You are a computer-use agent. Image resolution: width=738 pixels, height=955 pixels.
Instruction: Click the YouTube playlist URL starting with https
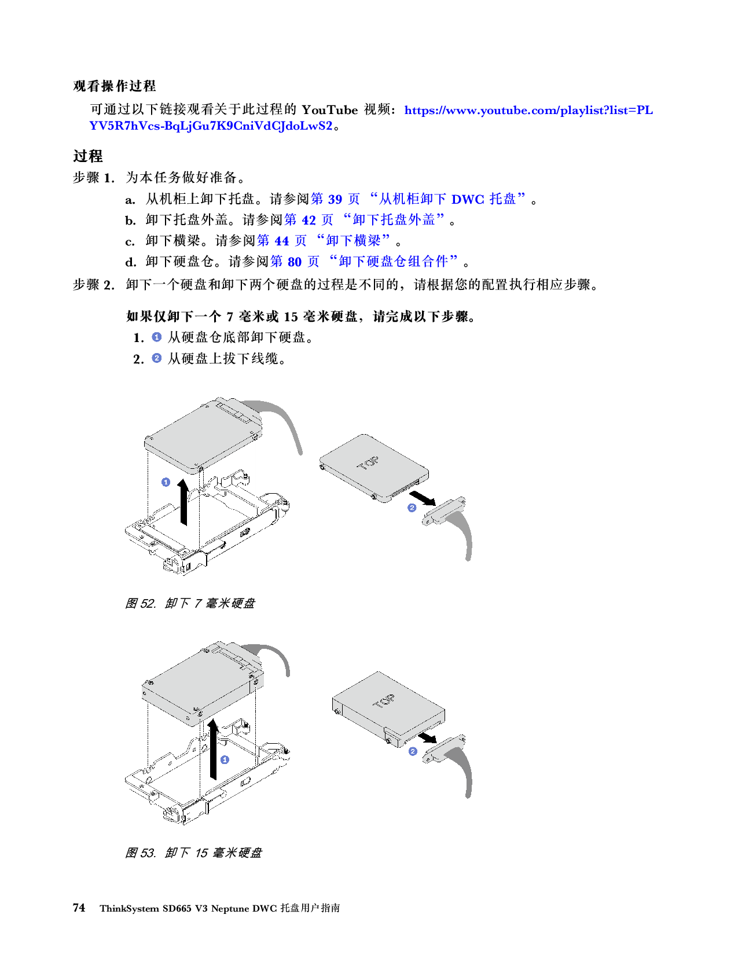click(x=528, y=111)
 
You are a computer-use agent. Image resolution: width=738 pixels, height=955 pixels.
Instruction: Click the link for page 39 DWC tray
click(x=417, y=199)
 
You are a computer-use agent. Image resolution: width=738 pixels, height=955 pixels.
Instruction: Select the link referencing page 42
click(x=364, y=220)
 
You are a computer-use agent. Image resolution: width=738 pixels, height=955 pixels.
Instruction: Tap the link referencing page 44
click(x=323, y=240)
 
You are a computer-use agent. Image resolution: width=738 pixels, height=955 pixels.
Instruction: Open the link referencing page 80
click(x=364, y=262)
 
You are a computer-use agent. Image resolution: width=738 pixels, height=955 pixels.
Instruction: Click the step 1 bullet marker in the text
click(x=157, y=337)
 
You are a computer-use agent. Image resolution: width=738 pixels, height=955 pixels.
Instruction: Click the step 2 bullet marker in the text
click(x=157, y=358)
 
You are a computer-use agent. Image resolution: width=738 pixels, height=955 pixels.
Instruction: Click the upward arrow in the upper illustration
click(x=183, y=502)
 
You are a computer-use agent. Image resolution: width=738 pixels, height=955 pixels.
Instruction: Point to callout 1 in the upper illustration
click(x=166, y=482)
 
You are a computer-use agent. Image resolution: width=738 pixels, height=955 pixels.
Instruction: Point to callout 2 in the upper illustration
click(x=412, y=508)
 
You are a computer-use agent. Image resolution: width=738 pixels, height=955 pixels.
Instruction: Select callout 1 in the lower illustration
click(x=225, y=759)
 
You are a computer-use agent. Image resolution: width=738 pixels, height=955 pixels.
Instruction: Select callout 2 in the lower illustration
click(x=413, y=751)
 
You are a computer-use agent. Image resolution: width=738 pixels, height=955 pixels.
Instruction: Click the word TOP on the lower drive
click(x=383, y=701)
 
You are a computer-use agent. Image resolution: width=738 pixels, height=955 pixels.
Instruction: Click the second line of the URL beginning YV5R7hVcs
click(x=211, y=126)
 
